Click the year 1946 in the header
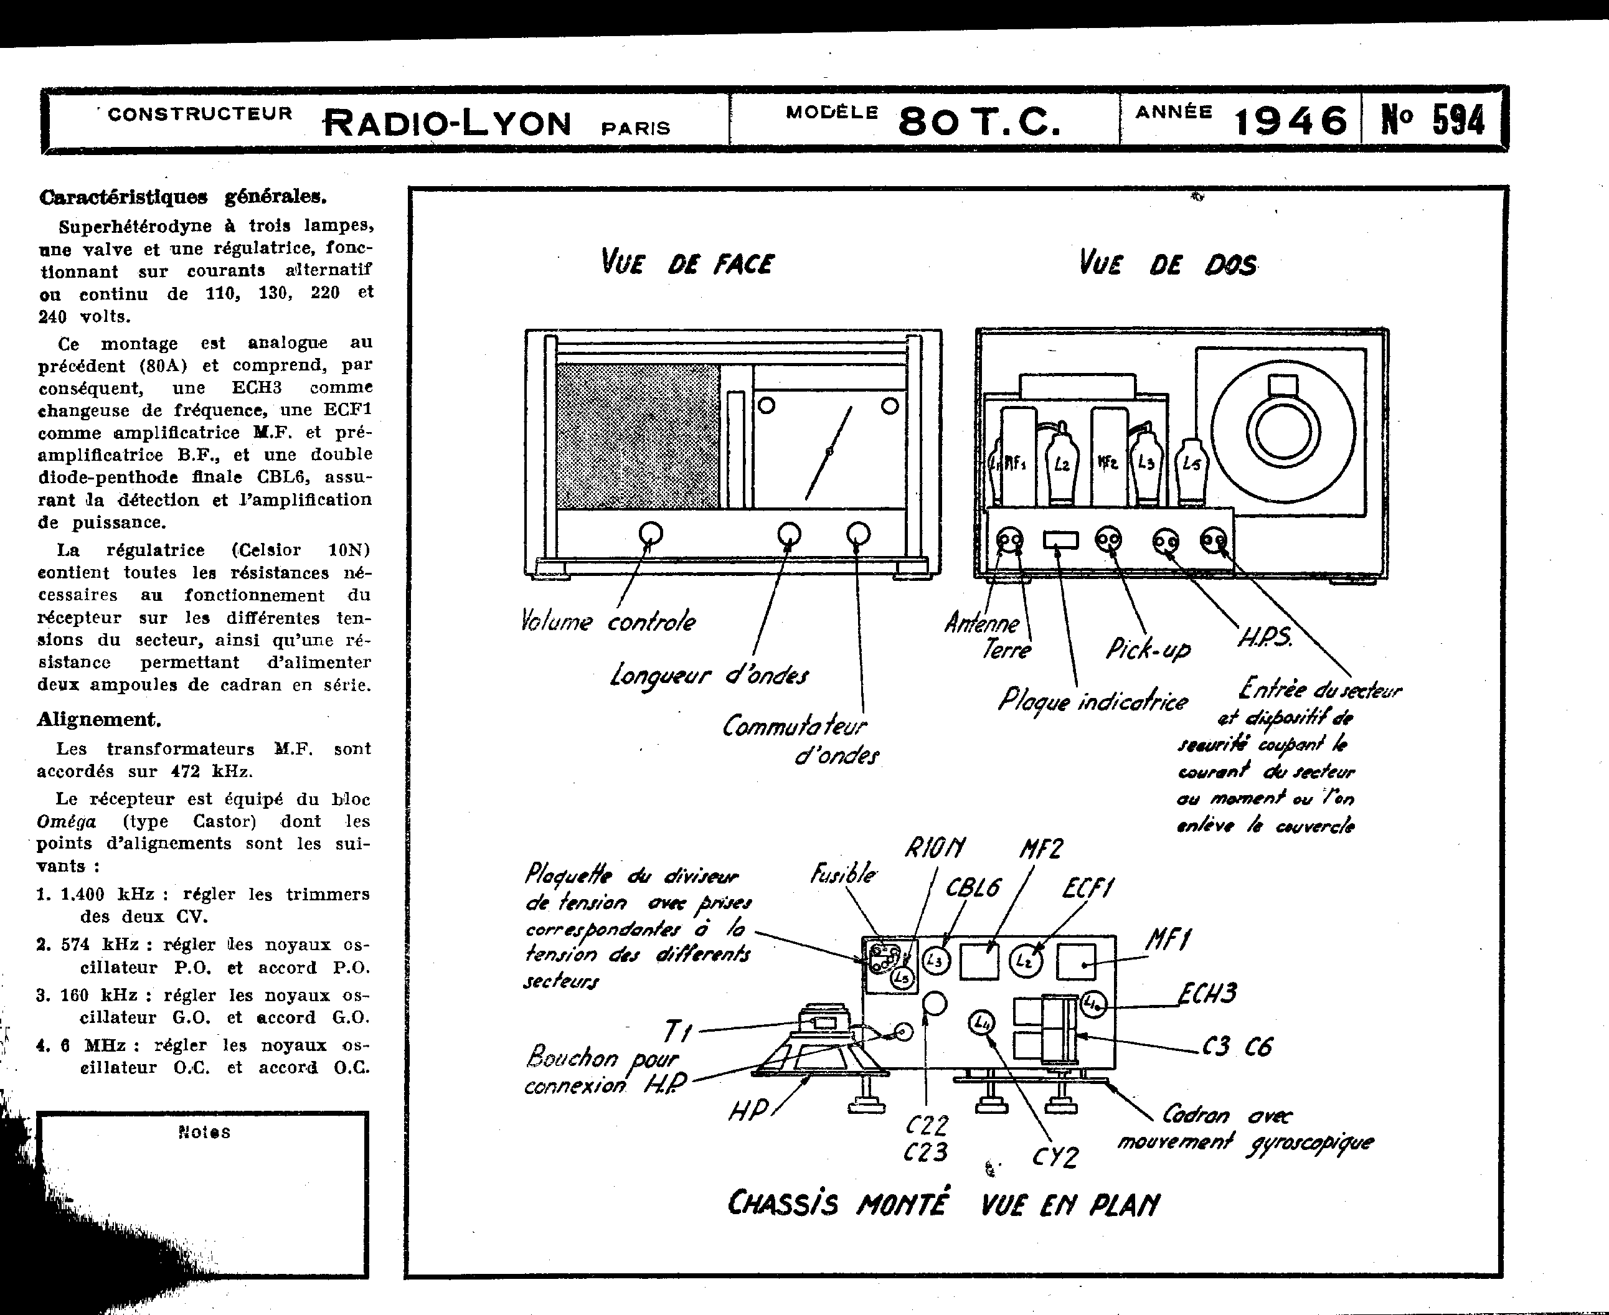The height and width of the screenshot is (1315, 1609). pyautogui.click(x=1291, y=121)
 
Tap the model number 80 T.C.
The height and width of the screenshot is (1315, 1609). pyautogui.click(x=979, y=121)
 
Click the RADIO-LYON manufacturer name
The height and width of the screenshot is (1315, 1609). pyautogui.click(x=448, y=123)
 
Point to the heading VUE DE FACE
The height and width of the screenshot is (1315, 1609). pyautogui.click(x=687, y=263)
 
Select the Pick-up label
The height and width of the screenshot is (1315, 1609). pyautogui.click(x=1148, y=648)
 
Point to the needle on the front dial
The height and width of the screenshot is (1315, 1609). pyautogui.click(x=829, y=452)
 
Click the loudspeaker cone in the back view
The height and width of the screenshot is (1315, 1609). pyautogui.click(x=1281, y=431)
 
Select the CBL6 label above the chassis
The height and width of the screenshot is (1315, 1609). pyautogui.click(x=973, y=887)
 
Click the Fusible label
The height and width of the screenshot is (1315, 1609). pyautogui.click(x=843, y=875)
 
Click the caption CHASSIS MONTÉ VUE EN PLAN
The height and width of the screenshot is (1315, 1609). pyautogui.click(x=943, y=1204)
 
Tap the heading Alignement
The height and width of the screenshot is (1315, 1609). pyautogui.click(x=98, y=719)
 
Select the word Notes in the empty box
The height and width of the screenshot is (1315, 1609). pyautogui.click(x=204, y=1133)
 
